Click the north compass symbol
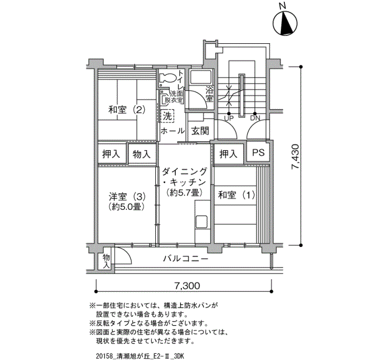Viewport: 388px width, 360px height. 285,23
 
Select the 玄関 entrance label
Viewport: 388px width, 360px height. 200,131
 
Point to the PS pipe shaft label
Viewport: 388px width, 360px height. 258,152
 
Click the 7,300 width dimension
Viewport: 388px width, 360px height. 187,286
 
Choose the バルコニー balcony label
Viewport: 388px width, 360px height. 186,259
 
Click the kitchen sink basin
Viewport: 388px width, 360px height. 202,222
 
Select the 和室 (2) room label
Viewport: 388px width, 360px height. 126,110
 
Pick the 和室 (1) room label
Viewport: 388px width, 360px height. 236,195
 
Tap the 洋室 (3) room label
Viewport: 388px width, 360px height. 127,197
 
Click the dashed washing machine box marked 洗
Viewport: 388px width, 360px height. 167,116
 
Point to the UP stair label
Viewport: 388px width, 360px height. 228,119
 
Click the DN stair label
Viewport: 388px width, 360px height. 255,118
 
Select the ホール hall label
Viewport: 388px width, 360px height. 173,131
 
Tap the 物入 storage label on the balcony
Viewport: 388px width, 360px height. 106,261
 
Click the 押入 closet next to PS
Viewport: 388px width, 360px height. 228,155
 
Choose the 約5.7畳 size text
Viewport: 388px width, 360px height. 185,192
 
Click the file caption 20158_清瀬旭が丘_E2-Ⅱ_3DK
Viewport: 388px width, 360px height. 140,356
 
